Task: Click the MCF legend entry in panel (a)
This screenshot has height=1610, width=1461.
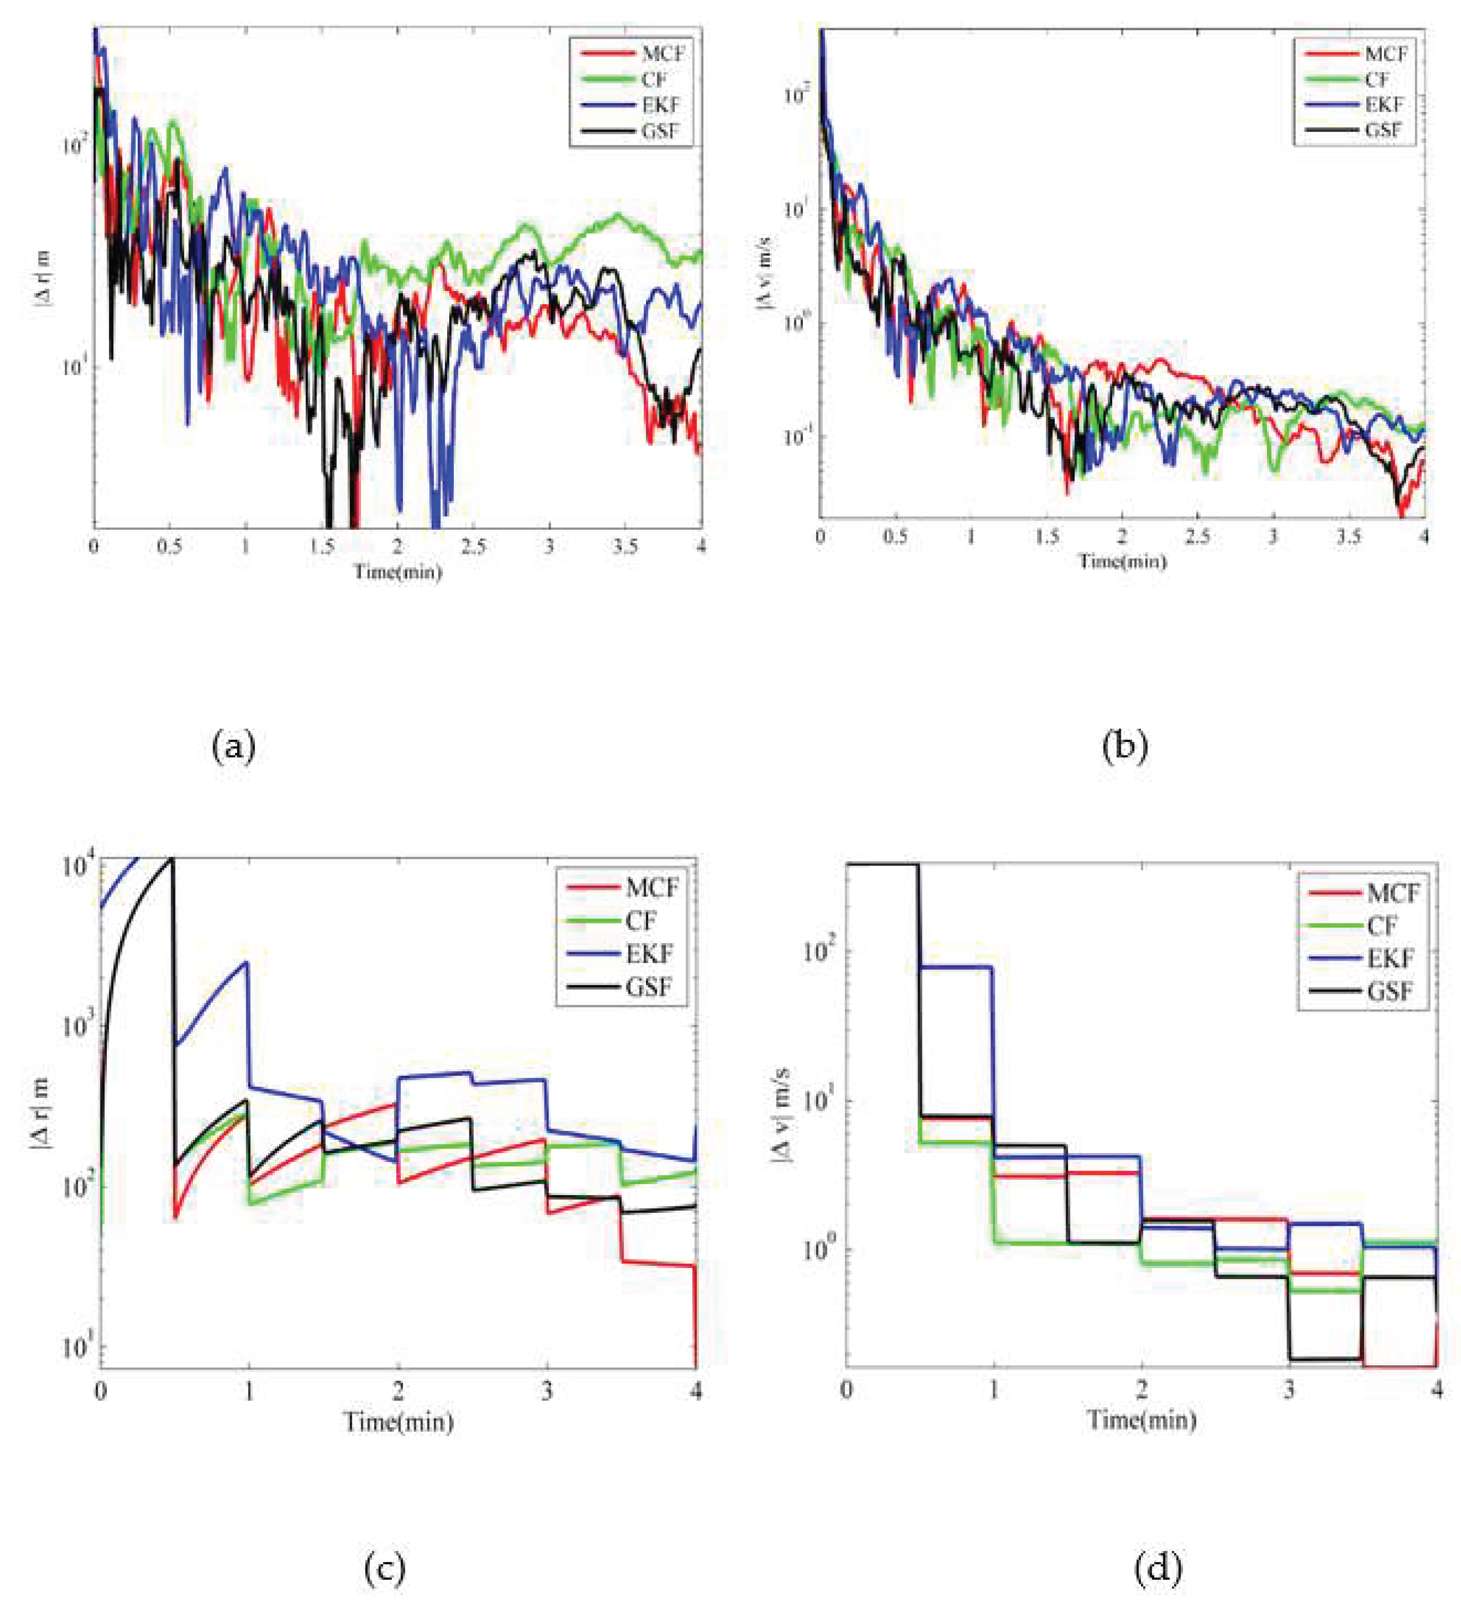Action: click(662, 54)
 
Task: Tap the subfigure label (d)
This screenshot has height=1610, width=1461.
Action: click(1157, 1569)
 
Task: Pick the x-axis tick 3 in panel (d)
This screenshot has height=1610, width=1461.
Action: click(1289, 1390)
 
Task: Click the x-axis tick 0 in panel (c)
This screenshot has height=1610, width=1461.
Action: click(100, 1390)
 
